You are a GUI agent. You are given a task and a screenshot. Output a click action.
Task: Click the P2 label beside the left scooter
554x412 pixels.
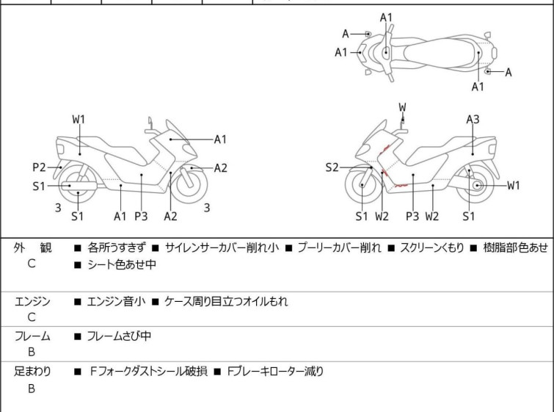click(x=39, y=166)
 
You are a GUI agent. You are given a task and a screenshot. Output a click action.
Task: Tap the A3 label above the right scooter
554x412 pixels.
click(x=473, y=119)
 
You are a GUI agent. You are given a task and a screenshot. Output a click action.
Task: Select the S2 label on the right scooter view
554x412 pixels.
click(x=332, y=167)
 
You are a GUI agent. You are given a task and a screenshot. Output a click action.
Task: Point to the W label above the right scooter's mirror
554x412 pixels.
click(x=402, y=107)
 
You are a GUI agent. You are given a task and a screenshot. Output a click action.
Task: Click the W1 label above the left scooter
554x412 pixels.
click(x=79, y=119)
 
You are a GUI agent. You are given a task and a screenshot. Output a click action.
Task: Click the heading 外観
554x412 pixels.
click(x=32, y=247)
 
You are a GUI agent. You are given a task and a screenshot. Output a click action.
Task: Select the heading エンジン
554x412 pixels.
click(x=32, y=301)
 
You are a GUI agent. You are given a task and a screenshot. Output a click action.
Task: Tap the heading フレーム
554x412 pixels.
click(x=32, y=336)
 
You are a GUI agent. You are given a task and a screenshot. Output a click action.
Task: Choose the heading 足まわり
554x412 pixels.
click(x=32, y=372)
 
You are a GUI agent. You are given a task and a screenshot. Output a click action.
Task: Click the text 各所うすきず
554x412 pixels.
click(x=117, y=247)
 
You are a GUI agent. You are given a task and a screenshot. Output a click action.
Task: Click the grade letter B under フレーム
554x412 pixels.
click(x=32, y=352)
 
